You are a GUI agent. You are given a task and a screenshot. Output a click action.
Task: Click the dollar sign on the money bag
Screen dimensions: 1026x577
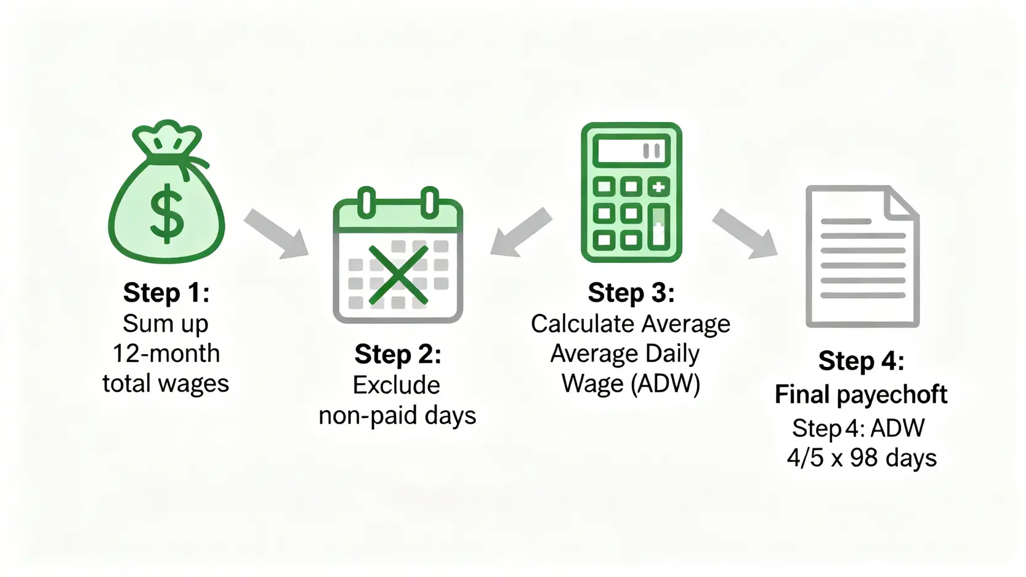coord(167,214)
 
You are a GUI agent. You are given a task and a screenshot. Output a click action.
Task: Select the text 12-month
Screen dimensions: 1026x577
coord(166,353)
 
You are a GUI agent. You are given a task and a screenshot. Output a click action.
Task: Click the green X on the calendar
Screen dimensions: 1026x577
coord(398,275)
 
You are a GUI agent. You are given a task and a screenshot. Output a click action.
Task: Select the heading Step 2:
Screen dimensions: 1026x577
coord(398,354)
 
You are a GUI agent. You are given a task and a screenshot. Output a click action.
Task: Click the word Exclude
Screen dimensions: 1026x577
coord(396,385)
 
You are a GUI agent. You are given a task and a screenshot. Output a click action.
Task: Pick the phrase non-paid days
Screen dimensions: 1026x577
coord(397,416)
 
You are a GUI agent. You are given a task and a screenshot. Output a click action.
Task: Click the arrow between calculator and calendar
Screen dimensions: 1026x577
coord(521,232)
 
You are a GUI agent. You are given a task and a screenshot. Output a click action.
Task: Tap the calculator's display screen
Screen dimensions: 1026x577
coord(631,151)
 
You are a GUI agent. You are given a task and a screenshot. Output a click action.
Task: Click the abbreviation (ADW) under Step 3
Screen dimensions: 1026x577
coord(665,383)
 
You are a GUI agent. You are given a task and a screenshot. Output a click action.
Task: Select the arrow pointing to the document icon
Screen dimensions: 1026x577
coord(745,233)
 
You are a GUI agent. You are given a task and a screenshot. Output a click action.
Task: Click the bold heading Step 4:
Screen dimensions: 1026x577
coord(862,360)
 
